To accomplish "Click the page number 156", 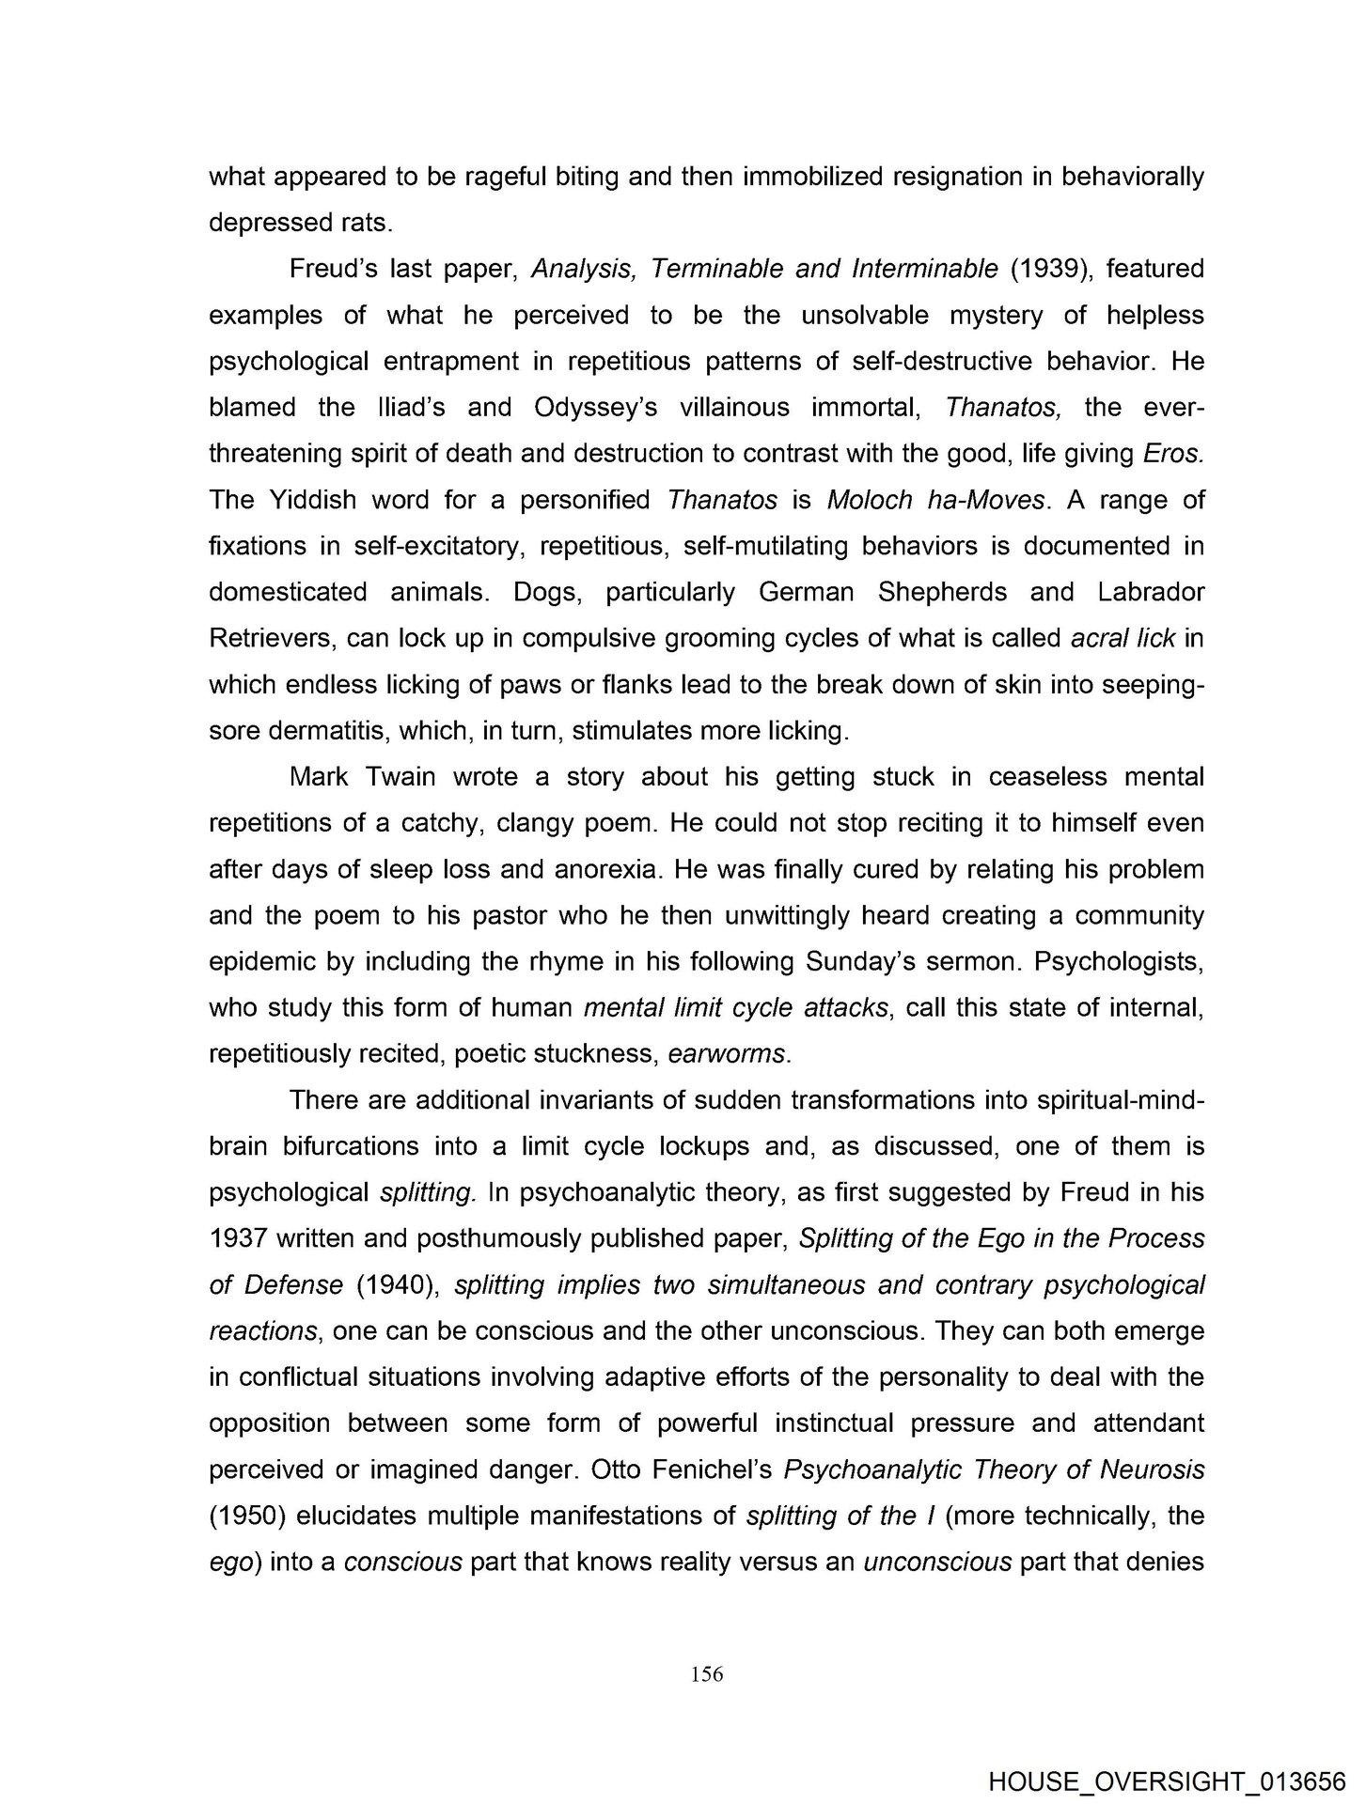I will [x=706, y=1673].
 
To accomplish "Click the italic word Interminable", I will [x=924, y=270].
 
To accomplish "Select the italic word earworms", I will [x=726, y=1054].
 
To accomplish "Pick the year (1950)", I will [x=246, y=1516].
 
